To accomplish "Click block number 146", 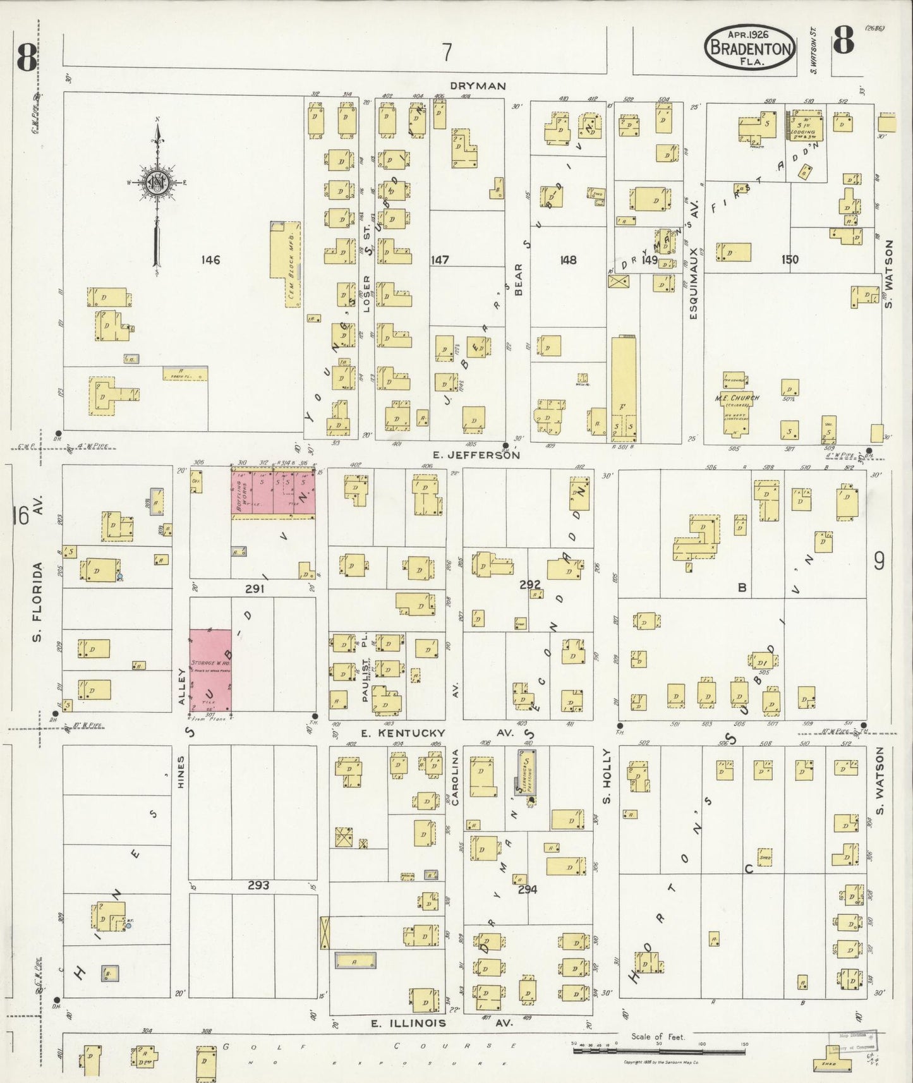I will click(210, 260).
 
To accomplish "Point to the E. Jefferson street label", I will click(476, 454).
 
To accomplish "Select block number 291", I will click(255, 588).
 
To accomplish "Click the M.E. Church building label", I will click(737, 398).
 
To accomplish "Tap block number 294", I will click(528, 889).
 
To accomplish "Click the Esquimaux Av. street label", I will click(693, 278).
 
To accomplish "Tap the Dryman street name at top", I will click(478, 85).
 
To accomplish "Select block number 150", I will click(790, 260).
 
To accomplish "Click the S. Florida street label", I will click(37, 600).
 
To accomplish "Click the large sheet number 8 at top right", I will click(843, 41).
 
